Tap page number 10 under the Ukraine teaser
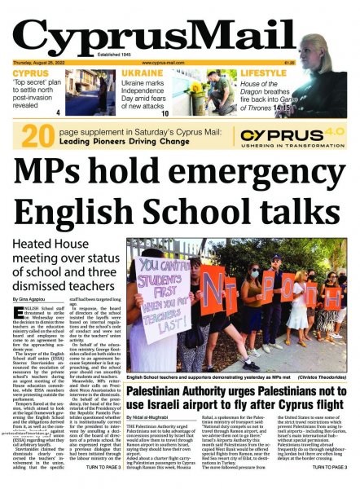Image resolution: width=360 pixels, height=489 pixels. pos(165,113)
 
